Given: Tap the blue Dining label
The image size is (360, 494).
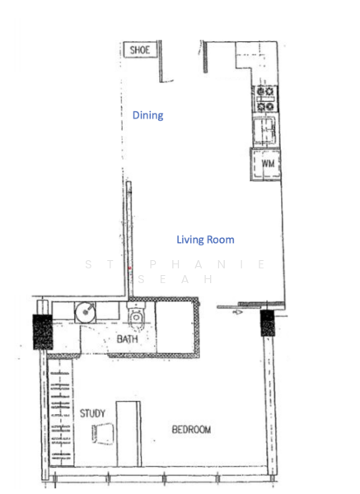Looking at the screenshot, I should (147, 115).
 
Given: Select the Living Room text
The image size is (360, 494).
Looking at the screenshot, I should (205, 240).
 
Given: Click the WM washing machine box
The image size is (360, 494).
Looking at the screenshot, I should (267, 165).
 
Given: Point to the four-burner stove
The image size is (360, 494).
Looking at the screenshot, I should (265, 99).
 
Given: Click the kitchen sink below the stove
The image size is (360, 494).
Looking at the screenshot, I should (265, 129).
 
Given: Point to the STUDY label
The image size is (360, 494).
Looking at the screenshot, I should (92, 413).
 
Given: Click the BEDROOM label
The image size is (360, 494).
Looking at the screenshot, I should (191, 430).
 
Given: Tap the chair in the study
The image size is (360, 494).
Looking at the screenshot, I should (100, 433).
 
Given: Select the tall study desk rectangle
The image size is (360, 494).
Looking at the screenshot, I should (129, 432).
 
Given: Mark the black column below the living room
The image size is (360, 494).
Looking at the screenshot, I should (268, 323).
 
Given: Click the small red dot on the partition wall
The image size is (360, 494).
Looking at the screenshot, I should (129, 268).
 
